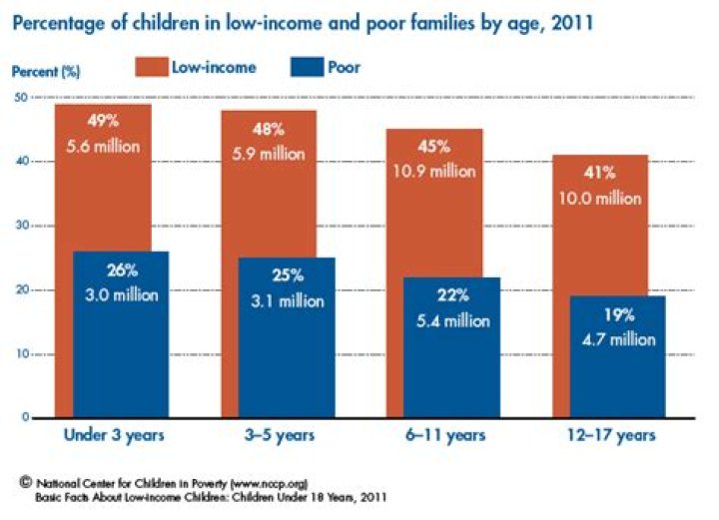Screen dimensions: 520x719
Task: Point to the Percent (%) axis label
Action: [x=44, y=73]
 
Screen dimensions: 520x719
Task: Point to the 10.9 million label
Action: [x=447, y=171]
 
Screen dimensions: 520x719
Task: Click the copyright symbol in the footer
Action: [x=25, y=481]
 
